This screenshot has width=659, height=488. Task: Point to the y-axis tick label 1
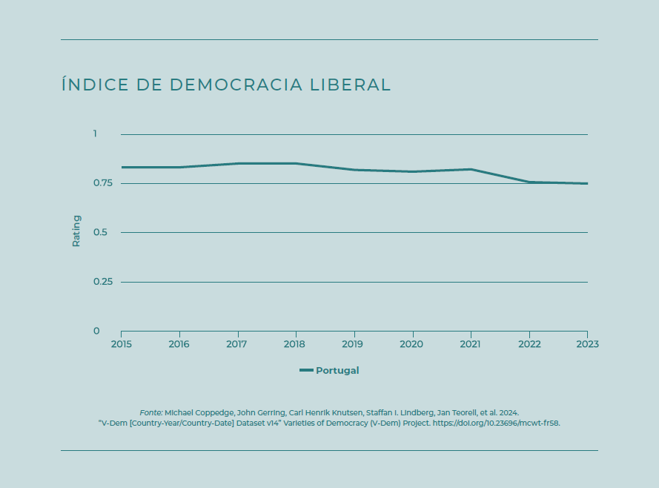tap(95, 134)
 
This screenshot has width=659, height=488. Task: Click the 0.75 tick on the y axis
tap(102, 183)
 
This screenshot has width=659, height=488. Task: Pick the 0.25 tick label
tap(102, 282)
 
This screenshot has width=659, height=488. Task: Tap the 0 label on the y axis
tap(96, 331)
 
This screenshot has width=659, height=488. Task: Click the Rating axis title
tap(76, 231)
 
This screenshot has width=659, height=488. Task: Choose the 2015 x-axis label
tap(121, 344)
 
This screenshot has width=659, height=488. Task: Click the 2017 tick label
tap(237, 344)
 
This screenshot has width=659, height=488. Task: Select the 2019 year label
tap(354, 344)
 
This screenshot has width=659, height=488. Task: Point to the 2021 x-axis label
tap(471, 344)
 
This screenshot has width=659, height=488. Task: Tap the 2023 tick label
tap(586, 344)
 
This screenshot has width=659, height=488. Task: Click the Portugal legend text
tap(337, 371)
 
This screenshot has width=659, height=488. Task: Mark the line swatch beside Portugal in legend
tap(306, 371)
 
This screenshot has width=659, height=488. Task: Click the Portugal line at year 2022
tap(529, 182)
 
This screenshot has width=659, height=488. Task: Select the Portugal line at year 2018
tap(296, 163)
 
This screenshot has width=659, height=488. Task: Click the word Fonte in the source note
tap(150, 412)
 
